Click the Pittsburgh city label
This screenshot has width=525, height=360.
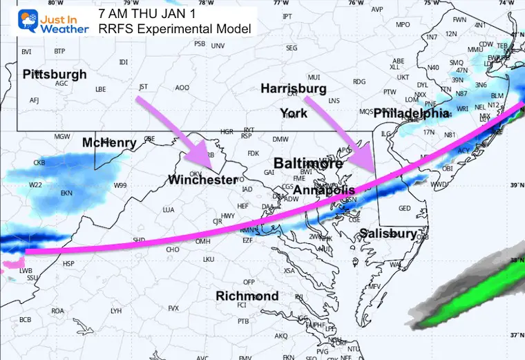point(55,74)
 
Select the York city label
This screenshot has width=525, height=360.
point(293,113)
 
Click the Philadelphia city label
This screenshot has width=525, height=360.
point(412,112)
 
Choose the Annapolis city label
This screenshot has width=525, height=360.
point(324,189)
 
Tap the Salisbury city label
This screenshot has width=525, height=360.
point(388,234)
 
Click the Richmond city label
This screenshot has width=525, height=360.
point(247,296)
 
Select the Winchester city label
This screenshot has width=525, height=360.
point(202,180)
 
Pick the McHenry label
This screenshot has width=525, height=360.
point(109,142)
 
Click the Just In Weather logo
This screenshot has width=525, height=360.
point(46,21)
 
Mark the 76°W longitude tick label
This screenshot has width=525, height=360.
point(356,3)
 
